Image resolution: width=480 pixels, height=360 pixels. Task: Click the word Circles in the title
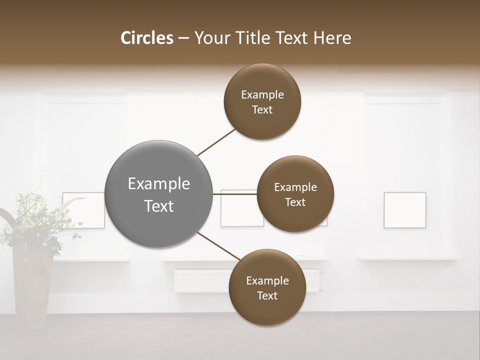coord(146,38)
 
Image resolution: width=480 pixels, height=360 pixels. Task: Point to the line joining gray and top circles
coord(216,142)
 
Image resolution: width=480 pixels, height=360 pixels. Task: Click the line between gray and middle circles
coord(235,194)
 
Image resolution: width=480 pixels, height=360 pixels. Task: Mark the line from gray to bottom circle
coord(218,246)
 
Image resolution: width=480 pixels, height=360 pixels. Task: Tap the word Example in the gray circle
coord(159,184)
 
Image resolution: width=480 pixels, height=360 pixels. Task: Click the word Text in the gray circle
coord(159,206)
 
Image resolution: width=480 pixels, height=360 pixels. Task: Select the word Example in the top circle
coord(262,95)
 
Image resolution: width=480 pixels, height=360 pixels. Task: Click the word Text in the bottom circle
coord(267,295)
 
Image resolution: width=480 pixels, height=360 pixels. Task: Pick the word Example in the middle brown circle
coord(295,187)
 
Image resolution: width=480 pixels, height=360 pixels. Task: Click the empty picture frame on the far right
coord(405,210)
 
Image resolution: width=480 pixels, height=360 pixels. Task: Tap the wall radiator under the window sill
coord(200,281)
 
